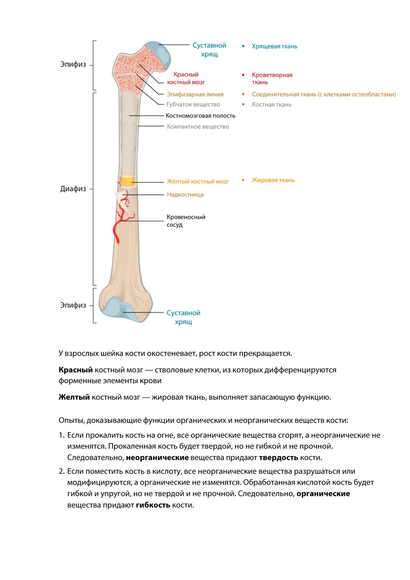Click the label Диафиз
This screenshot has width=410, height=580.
pos(73,189)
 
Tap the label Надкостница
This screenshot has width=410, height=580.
pos(185,194)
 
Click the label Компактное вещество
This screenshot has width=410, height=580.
pos(198,127)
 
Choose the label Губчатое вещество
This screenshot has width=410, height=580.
pos(193,104)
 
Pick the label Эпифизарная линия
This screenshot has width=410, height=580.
pos(195,94)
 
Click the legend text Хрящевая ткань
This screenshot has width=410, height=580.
pos(274,46)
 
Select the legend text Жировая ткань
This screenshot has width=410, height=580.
pos(273,180)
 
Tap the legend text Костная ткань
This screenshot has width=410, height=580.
pos(272,105)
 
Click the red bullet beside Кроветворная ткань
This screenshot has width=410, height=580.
pos(243,75)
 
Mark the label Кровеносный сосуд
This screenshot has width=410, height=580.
pos(186,221)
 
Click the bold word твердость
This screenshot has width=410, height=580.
pos(278,458)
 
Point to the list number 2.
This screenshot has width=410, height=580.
pos(61,471)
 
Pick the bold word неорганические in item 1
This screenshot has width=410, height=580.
pos(157,458)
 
